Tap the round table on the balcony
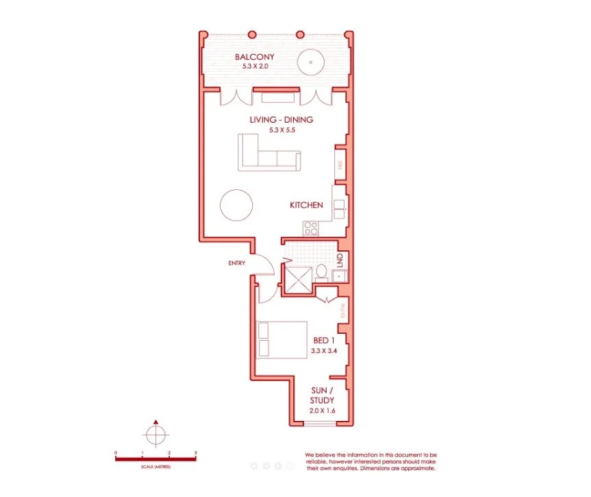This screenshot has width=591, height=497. coord(311,62)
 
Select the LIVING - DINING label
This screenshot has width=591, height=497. coord(281,119)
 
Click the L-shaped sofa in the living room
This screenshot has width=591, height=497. coord(267,154)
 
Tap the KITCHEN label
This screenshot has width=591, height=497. coord(306,205)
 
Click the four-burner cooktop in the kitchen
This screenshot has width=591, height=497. coord(312,228)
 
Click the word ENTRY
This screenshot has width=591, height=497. coord(237,263)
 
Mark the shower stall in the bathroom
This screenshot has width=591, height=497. coord(299,280)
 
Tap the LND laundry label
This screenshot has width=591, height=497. coord(340,260)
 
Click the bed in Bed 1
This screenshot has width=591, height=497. coord(281,340)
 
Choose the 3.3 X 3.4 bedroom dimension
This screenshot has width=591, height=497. coord(325,350)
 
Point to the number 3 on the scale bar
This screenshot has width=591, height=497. coord(196,453)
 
